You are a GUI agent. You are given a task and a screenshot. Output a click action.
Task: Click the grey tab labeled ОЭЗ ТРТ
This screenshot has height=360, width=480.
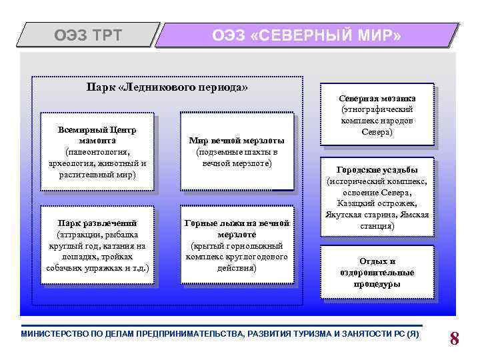(x=88, y=35)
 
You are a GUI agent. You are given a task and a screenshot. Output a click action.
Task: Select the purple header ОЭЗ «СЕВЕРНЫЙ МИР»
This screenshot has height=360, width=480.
(x=307, y=35)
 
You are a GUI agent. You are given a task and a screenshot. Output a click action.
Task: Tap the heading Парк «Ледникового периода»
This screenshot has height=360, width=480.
(x=167, y=87)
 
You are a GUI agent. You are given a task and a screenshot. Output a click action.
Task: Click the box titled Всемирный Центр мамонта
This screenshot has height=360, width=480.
(x=97, y=152)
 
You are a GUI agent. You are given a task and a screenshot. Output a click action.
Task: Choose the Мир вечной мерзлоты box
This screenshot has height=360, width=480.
(x=237, y=152)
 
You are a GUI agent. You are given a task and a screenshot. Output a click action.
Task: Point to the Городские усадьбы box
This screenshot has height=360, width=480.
(x=377, y=198)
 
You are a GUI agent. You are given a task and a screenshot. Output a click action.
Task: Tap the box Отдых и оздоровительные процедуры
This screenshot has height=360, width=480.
(x=377, y=272)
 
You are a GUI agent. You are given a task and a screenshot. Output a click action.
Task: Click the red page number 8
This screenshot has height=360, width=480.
(x=454, y=338)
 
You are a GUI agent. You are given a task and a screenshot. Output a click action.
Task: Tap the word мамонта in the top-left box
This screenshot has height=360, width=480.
(x=97, y=141)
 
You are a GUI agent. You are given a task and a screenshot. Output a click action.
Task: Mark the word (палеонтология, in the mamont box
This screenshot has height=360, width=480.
(x=97, y=152)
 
